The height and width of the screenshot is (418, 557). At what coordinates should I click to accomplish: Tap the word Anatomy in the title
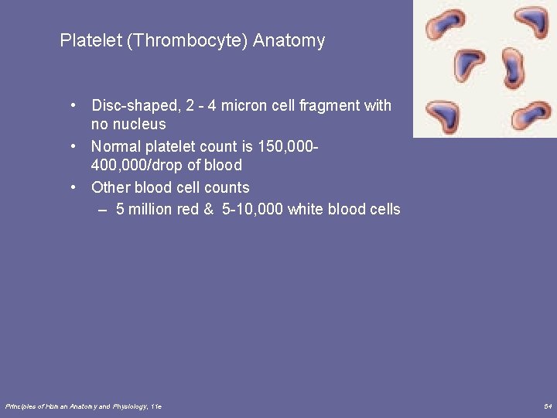click(289, 40)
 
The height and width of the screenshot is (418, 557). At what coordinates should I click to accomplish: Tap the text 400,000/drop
click(137, 165)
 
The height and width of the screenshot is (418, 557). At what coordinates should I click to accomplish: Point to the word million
click(152, 209)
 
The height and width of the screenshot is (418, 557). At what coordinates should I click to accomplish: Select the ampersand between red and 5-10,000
click(208, 209)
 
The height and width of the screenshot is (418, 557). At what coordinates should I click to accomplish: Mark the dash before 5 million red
click(103, 209)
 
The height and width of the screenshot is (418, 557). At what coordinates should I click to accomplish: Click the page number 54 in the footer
click(547, 406)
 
